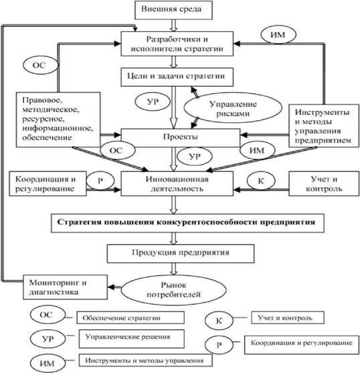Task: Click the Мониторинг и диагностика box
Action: [x=53, y=286]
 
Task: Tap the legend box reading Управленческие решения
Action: [x=132, y=338]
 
